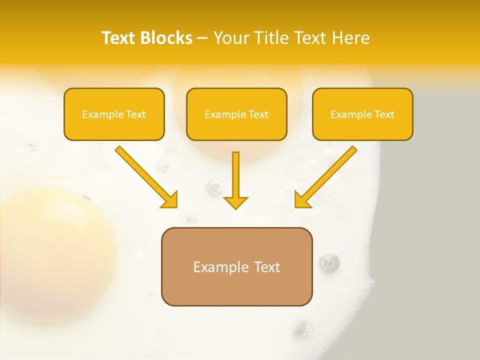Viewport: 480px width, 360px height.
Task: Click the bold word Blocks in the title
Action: (x=167, y=38)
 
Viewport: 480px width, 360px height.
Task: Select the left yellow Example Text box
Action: (x=114, y=114)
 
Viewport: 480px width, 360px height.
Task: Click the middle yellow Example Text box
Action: (x=236, y=114)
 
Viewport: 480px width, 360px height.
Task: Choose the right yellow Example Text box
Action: (x=362, y=114)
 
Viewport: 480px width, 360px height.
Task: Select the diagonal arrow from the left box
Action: (x=145, y=176)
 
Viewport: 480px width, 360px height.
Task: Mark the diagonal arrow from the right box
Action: (x=326, y=176)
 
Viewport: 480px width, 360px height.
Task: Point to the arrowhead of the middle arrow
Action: (x=235, y=202)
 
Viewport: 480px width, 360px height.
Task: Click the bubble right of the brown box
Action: (x=328, y=262)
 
